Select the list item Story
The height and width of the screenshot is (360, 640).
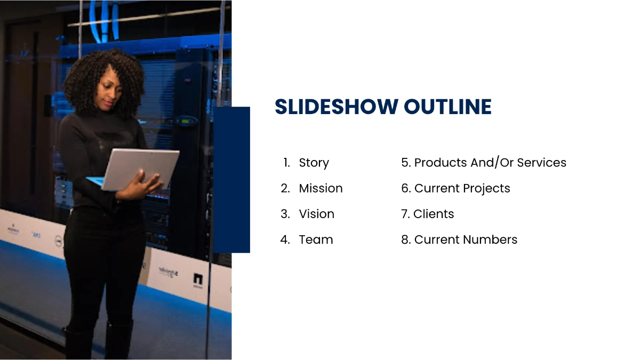(314, 163)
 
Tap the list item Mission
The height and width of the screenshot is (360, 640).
(321, 188)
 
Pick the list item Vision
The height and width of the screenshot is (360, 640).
(316, 214)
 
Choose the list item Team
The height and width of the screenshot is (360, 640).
(316, 239)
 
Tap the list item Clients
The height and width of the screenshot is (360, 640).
(434, 214)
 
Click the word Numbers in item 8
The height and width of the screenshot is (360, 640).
(494, 239)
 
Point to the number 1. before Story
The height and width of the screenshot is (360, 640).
(286, 163)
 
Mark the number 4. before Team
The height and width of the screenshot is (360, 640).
(285, 239)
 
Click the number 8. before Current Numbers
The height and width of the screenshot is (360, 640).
(406, 239)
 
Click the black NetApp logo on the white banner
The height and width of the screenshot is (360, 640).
(198, 279)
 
